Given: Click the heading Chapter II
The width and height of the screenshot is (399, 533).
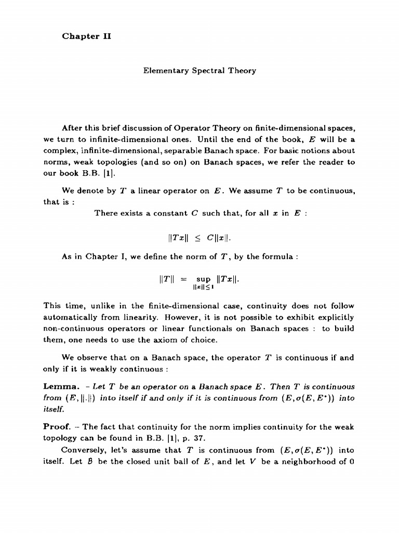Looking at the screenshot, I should [87, 36].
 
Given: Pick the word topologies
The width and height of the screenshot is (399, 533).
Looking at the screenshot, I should [100, 162].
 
